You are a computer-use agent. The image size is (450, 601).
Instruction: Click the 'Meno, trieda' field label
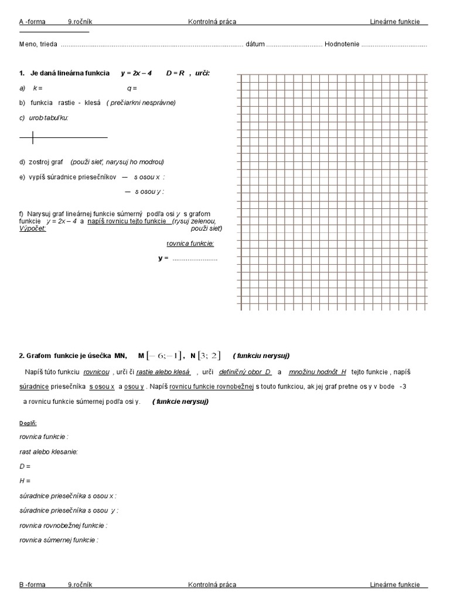point(38,45)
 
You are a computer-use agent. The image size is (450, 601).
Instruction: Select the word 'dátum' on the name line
point(255,45)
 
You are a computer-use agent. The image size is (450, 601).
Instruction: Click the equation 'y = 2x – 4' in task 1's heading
point(137,73)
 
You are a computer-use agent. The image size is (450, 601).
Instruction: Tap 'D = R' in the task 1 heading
point(175,73)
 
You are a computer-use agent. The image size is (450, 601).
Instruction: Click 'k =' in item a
point(37,88)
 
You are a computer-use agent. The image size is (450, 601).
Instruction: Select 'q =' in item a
point(131,88)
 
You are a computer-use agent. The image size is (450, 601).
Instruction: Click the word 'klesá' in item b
point(93,103)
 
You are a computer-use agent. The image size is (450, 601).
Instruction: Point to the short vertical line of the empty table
point(33,138)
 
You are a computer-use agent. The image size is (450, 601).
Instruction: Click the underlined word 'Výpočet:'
point(33,228)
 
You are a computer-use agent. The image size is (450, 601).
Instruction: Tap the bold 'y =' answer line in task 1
point(163,258)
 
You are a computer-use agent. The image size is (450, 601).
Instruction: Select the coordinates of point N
point(209,356)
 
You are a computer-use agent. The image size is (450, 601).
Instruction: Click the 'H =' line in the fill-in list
point(25,481)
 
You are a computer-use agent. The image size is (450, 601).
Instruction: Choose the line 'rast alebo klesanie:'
point(49,451)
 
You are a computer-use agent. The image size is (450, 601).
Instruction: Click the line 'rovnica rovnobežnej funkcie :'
point(63,525)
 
